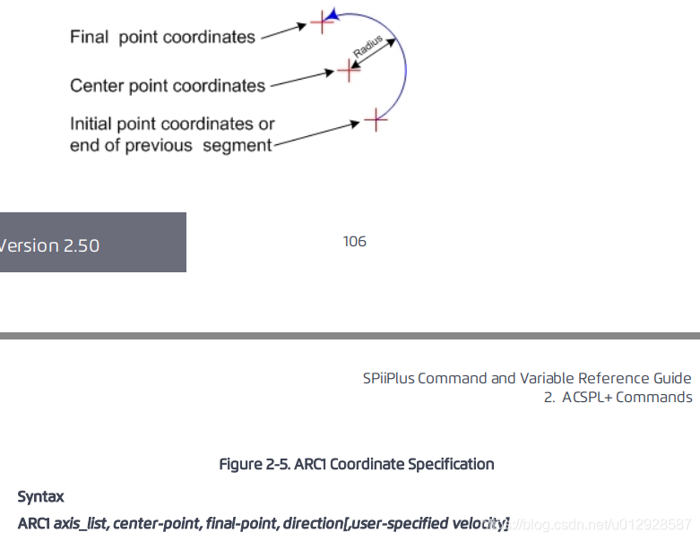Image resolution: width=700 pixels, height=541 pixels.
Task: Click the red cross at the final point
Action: (x=322, y=22)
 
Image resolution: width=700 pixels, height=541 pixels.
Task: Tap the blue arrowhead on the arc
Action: (x=332, y=14)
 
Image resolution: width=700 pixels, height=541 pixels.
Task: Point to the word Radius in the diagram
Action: (x=367, y=47)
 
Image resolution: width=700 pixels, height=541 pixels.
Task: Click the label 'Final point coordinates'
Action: (x=162, y=38)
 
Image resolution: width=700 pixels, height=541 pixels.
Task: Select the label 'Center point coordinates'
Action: (x=168, y=86)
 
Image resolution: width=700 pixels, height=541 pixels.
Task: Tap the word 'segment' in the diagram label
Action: (x=237, y=145)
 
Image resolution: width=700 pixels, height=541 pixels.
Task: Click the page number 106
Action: (x=354, y=242)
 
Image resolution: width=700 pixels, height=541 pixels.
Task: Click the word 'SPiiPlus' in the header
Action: (x=389, y=378)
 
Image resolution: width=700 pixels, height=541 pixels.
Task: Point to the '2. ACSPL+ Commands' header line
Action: (x=618, y=397)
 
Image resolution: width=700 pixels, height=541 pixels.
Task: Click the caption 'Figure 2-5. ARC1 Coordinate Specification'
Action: (x=357, y=464)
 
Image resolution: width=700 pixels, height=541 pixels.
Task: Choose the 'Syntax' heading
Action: (x=40, y=496)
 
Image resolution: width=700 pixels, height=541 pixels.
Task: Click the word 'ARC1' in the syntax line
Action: (x=33, y=522)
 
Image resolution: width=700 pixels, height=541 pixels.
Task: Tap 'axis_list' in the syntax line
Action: (x=81, y=522)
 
